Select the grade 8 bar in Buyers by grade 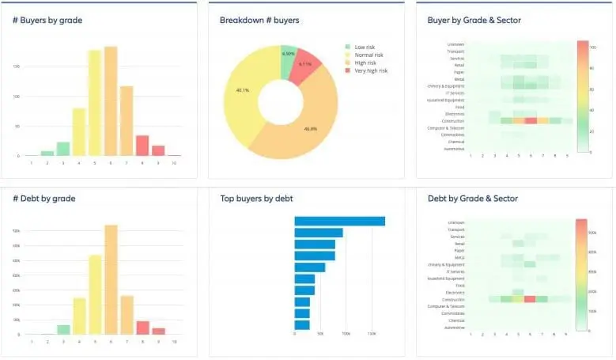(x=142, y=146)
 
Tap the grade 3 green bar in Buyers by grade (x=63, y=149)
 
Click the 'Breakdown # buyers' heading (x=259, y=20)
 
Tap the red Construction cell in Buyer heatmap (x=531, y=121)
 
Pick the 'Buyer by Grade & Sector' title (x=474, y=20)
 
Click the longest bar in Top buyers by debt (x=339, y=222)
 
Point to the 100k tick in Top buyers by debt (x=346, y=334)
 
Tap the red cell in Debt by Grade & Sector (x=531, y=299)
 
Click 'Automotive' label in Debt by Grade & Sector (x=455, y=328)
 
